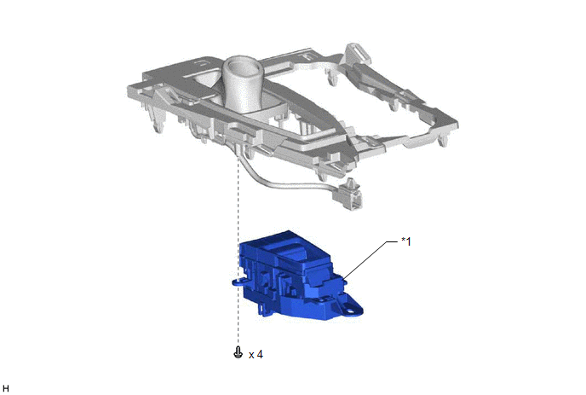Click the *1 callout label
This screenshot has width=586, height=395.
[x=406, y=241]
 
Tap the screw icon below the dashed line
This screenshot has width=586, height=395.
[x=238, y=352]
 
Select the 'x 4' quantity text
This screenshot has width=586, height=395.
[x=256, y=354]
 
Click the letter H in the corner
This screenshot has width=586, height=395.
[x=6, y=389]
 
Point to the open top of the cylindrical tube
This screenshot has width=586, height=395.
[x=241, y=67]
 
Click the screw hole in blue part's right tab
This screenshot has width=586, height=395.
[x=350, y=311]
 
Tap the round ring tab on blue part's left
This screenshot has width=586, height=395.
[x=236, y=282]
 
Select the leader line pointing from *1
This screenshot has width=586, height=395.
[x=370, y=260]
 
